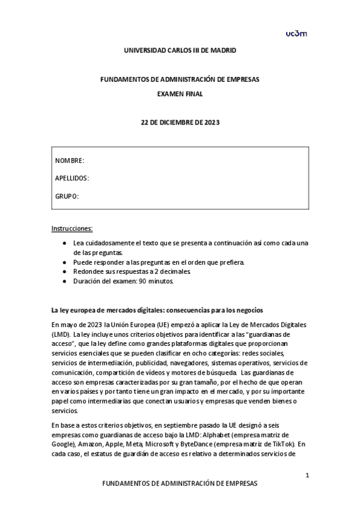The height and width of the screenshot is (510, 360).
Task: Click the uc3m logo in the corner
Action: (x=296, y=34)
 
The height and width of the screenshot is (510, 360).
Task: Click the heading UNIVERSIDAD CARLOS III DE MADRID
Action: (x=180, y=51)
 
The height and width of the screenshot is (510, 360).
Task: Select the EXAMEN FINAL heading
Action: (x=180, y=94)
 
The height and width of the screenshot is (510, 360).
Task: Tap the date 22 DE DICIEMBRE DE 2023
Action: (x=180, y=123)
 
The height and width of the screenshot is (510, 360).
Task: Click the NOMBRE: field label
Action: (x=70, y=161)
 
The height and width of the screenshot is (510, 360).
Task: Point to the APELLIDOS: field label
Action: (x=72, y=179)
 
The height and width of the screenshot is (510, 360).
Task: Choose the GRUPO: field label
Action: (x=67, y=197)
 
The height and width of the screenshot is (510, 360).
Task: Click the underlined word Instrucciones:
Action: (x=72, y=229)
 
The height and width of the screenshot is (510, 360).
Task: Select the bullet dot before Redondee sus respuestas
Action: (x=64, y=272)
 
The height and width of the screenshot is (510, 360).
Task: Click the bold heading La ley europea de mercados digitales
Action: (x=157, y=310)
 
